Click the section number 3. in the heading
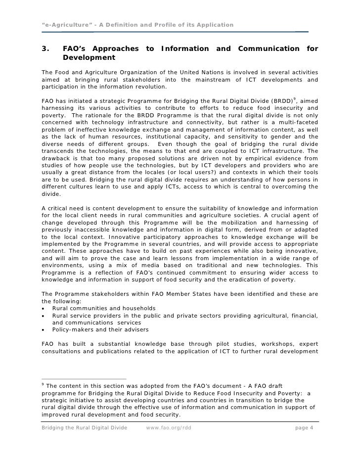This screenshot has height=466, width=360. (x=45, y=48)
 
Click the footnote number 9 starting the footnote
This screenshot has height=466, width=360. (x=43, y=384)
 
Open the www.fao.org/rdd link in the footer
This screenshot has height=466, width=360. (x=169, y=428)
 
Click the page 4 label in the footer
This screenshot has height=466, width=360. (x=304, y=428)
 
